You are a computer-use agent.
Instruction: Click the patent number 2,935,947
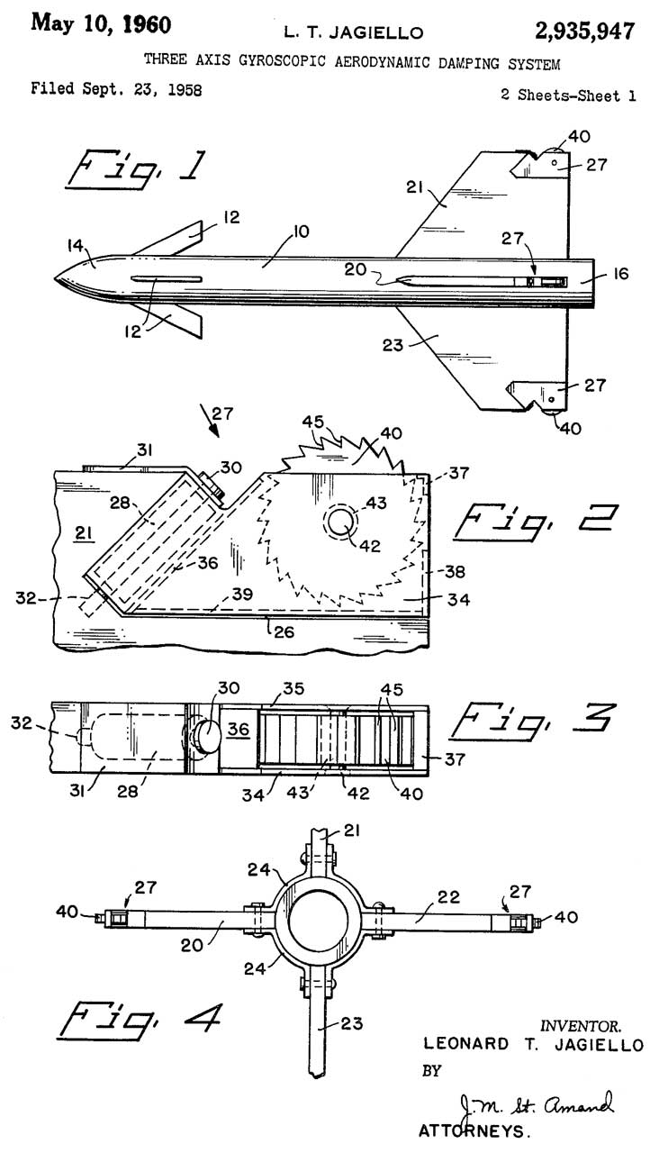coord(584,32)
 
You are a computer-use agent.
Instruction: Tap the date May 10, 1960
coord(101,24)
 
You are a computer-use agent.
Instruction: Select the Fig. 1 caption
coord(137,170)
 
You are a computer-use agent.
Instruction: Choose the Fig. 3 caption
coord(532,721)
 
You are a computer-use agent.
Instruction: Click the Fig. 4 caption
coord(140,1021)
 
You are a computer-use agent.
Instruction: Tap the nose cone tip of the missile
coord(54,279)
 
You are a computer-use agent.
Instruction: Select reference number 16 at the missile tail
coord(621,273)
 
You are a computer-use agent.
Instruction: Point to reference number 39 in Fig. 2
coord(242,594)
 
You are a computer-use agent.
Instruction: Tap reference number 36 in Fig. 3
coord(239,729)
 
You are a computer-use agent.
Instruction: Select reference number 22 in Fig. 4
coord(448,896)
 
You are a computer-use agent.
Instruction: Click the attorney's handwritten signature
coord(535,1105)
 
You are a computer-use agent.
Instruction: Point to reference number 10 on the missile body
coord(301,232)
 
